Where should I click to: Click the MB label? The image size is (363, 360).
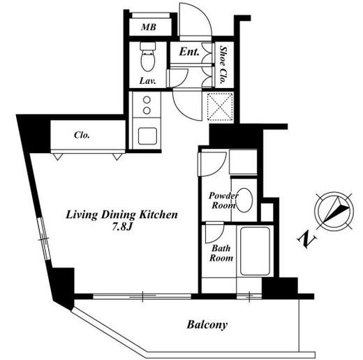pos(149,27)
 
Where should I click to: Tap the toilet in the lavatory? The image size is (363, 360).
pos(148,57)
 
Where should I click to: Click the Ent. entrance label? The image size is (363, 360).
pos(189,52)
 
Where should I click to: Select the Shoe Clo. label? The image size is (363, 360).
pos(223,65)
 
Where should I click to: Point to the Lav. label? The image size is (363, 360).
pos(147,81)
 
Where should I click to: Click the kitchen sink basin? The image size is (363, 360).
pos(147,136)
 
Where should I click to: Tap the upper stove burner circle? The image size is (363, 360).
pos(147,100)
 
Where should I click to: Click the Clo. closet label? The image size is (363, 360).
pos(82,135)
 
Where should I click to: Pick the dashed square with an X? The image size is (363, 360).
pos(220,107)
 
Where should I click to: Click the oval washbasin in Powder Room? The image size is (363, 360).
pos(244,200)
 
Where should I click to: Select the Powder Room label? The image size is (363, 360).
pos(223,201)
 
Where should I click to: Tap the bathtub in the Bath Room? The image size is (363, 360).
pos(255,251)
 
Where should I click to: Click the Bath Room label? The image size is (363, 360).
pos(221,253)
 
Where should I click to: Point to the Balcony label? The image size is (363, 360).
pos(207,324)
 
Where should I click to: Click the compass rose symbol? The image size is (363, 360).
pos(334,212)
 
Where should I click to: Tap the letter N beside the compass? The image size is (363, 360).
pos(307,239)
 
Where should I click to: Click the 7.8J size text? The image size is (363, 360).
pos(122,226)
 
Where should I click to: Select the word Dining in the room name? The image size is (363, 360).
pos(119,215)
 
